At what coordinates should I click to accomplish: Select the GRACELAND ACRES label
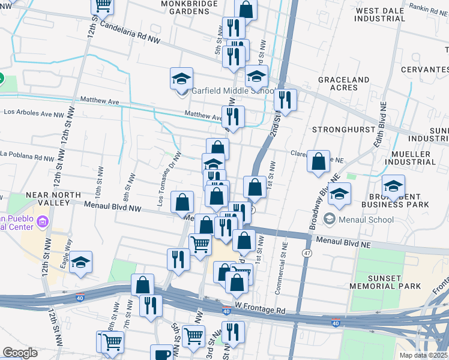pos(343,83)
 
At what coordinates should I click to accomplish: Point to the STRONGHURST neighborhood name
pos(338,130)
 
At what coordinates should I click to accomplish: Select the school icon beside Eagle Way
pos(80,262)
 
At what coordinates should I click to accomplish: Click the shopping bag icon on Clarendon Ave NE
pos(318,161)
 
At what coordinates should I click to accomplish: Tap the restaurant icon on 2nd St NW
pos(285,99)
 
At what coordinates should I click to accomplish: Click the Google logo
pos(20,353)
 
